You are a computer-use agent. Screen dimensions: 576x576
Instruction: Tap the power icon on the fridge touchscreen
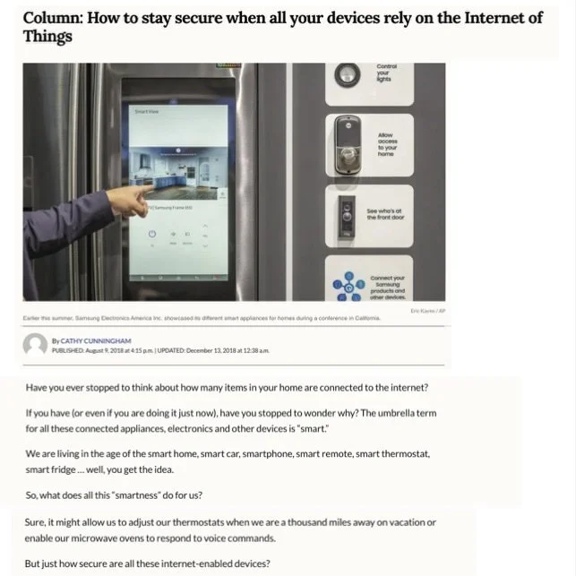(x=152, y=234)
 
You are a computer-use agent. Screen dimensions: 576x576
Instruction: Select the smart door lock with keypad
(x=344, y=143)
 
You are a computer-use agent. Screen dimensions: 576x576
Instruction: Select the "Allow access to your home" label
(x=386, y=144)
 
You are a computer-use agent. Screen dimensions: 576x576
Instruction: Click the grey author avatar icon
(x=35, y=344)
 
